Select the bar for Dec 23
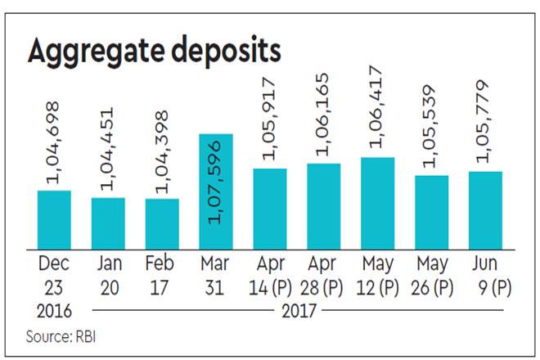pos(54,217)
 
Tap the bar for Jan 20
pos(107,220)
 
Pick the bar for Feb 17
pos(161,221)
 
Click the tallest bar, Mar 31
pos(215,189)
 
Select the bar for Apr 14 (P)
pos(269,205)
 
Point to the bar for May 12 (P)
pos(377,200)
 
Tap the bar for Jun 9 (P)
pos(484,207)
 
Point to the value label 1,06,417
pos(377,113)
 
